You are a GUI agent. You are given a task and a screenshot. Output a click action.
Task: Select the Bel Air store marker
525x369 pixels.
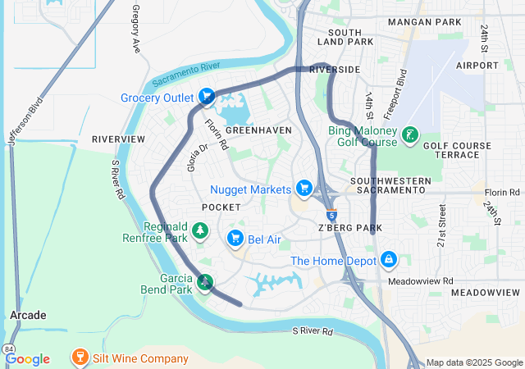tap(235, 239)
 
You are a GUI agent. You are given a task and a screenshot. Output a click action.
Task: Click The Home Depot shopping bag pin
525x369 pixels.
tap(388, 262)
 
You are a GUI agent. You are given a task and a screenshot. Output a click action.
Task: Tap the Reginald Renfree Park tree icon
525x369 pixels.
tap(200, 233)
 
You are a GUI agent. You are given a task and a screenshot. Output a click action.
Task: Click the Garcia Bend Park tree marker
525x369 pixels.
tap(204, 284)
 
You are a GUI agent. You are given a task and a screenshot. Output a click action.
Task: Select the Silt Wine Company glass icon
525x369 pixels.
tap(80, 358)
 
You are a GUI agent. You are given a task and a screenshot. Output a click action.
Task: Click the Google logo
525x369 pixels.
tap(27, 358)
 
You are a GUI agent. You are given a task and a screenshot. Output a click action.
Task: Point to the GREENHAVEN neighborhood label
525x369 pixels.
tap(258, 130)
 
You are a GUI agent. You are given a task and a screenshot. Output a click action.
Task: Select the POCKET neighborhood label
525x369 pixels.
tap(221, 207)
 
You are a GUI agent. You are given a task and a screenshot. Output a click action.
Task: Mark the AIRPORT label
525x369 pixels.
tap(472, 65)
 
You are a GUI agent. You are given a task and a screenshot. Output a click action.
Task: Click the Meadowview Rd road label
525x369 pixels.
tap(426, 281)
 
